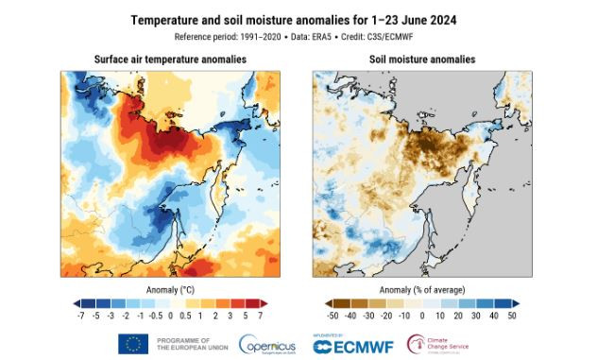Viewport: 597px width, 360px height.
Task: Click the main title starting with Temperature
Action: pos(298,20)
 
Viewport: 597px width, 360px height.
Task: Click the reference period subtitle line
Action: pos(298,36)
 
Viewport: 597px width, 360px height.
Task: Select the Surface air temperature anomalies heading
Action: pos(170,60)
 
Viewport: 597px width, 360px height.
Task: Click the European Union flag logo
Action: pos(134,343)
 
